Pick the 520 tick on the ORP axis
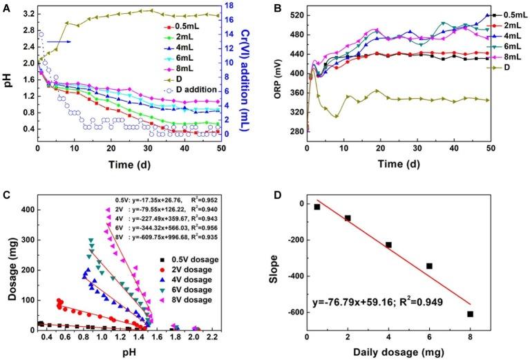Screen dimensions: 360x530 point(294,15)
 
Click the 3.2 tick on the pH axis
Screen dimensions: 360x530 point(27,14)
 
